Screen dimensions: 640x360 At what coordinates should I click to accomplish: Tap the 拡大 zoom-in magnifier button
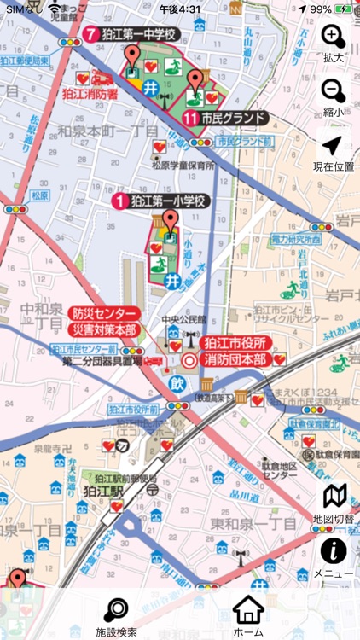pos(334,37)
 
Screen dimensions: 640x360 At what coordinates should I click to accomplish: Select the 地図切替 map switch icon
pos(334,497)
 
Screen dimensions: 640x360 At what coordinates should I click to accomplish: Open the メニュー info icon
pos(334,550)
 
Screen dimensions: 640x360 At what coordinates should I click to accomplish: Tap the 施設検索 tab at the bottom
pos(116,616)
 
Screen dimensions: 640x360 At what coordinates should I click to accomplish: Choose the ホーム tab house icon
pos(248,616)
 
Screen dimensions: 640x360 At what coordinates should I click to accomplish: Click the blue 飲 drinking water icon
pos(179,382)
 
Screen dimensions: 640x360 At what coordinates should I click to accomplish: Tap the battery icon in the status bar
pos(344,9)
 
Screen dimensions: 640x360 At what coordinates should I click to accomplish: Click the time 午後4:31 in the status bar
pos(180,9)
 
